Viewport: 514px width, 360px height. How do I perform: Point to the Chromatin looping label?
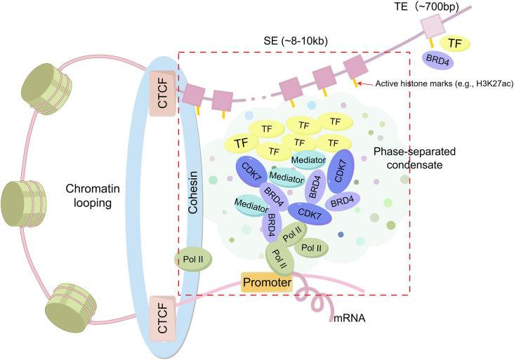tap(98, 195)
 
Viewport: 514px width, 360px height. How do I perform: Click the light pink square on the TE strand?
tap(430, 28)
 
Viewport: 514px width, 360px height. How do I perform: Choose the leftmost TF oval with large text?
tap(242, 143)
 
